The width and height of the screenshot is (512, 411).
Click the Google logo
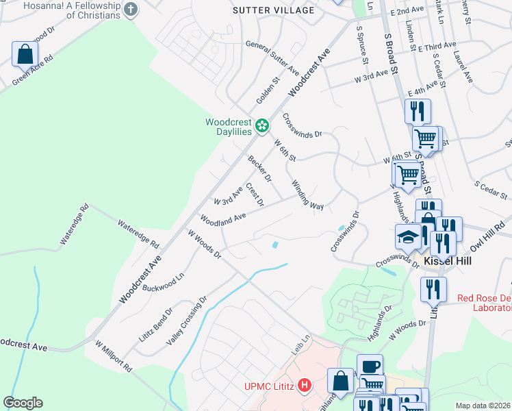23,403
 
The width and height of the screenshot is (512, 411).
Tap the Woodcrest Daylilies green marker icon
261,125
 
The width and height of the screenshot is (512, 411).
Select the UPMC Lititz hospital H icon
304,387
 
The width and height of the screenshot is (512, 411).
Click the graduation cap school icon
408,237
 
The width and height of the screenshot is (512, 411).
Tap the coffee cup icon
370,366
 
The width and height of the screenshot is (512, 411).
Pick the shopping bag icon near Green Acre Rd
24,54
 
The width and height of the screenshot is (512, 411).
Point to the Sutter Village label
274,10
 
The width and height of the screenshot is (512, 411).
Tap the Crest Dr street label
255,194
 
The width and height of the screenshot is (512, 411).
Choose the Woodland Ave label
222,219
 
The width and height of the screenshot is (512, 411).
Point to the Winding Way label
307,195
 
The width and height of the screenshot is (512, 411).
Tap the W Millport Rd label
113,356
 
